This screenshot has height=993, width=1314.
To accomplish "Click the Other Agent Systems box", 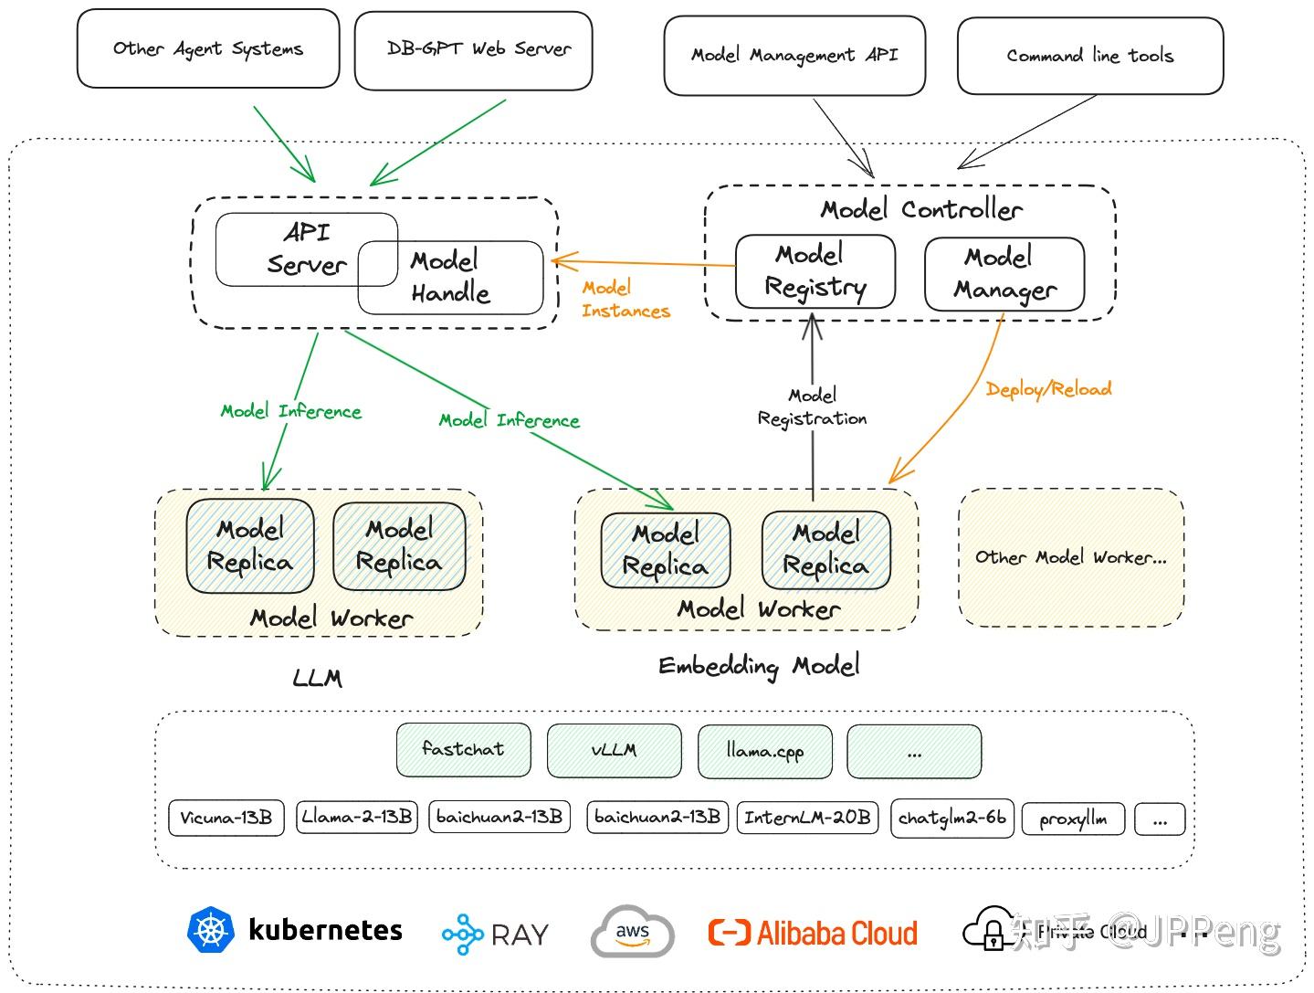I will click(208, 49).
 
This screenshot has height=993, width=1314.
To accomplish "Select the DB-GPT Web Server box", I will click(473, 50).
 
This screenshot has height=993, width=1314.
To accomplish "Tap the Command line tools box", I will click(1089, 56).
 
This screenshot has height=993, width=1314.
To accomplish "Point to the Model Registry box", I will click(815, 271).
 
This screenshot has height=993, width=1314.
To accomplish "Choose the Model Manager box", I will click(1004, 273).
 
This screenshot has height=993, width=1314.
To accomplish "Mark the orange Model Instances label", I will click(625, 300).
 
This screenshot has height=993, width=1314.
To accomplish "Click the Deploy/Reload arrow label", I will click(1048, 389).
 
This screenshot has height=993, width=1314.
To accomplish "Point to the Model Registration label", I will click(812, 407).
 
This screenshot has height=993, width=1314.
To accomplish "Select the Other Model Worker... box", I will click(1070, 557).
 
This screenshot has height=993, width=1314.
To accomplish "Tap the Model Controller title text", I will click(920, 210).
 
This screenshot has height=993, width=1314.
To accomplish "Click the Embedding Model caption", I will click(759, 666).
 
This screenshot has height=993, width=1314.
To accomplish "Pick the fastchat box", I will click(463, 750).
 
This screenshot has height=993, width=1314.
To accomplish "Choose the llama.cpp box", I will click(764, 751).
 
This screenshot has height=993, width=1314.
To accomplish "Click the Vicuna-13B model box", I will click(226, 818).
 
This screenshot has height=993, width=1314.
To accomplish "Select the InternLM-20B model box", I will click(806, 818).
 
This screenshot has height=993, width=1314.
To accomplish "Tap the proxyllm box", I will click(1073, 819).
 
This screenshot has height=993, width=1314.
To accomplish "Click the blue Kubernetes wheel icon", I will click(211, 931).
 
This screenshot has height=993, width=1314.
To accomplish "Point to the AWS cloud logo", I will click(632, 933).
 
